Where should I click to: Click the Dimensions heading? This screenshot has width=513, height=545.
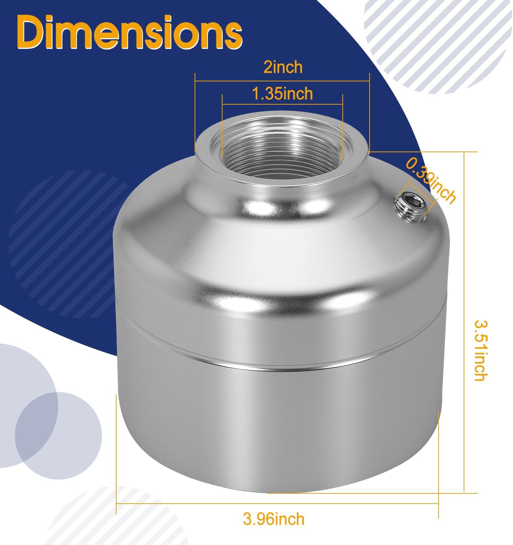click(x=130, y=32)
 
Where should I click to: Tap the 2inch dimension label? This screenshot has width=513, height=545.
click(x=283, y=67)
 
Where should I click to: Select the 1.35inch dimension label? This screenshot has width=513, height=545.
click(x=282, y=94)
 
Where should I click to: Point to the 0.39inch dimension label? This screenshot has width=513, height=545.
click(x=431, y=180)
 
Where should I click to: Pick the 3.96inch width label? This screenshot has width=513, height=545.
click(x=273, y=519)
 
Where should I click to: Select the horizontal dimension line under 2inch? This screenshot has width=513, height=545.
click(x=282, y=81)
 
